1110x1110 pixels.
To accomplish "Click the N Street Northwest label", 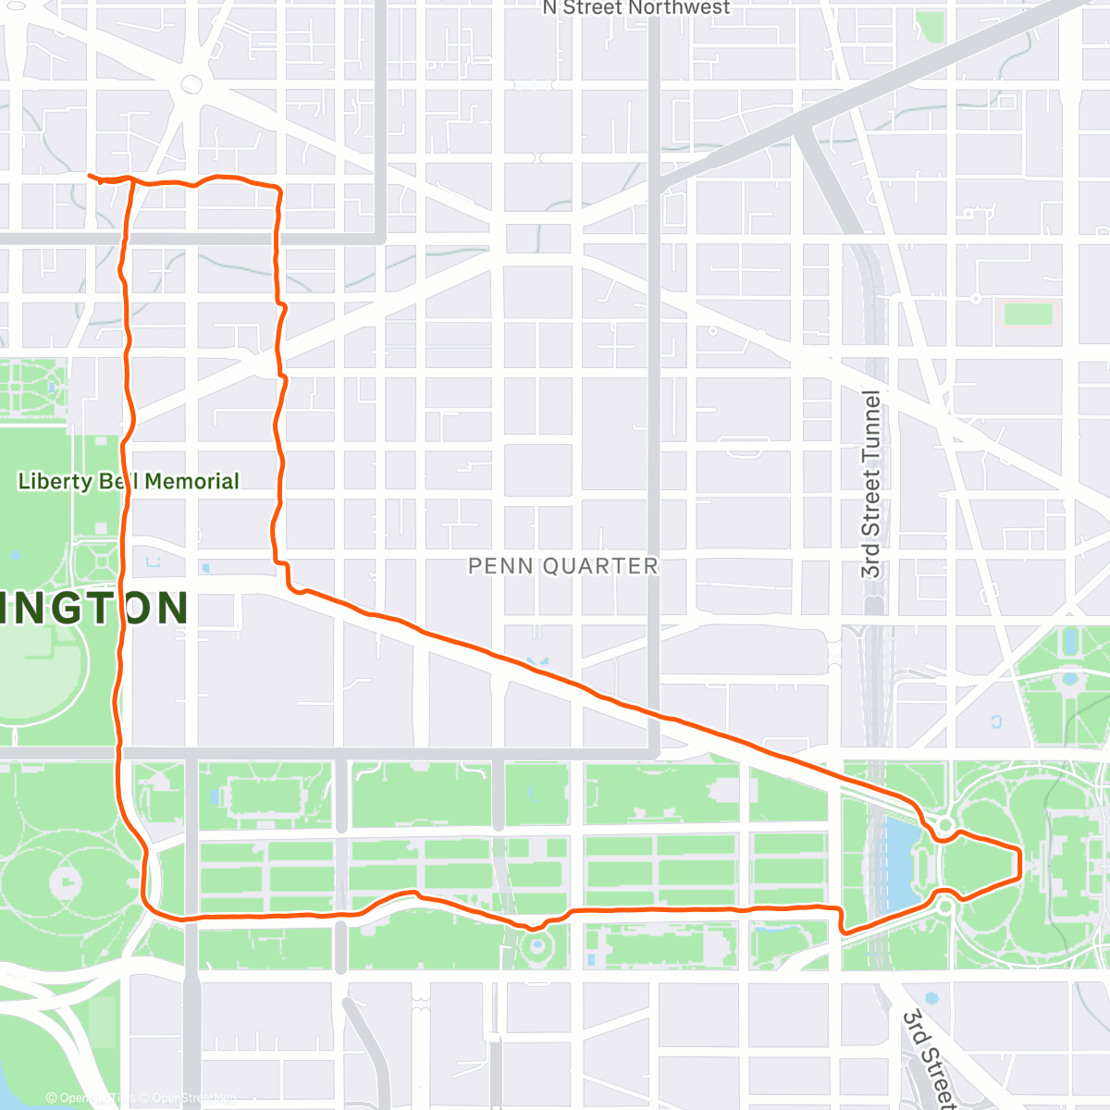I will [636, 8].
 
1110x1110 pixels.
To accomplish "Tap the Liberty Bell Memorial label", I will [129, 481].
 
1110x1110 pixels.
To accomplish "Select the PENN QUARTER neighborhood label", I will [562, 565].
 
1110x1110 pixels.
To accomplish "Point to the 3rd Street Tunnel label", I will [871, 483].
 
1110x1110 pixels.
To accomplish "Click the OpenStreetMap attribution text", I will [193, 1099].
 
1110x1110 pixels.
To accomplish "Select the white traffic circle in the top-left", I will [191, 84].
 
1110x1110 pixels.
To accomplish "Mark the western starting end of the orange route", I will [90, 175].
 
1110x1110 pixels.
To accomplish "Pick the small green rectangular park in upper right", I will [1028, 314].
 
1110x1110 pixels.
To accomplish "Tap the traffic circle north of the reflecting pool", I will [944, 823].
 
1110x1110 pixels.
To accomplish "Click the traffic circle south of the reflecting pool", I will [944, 906].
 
